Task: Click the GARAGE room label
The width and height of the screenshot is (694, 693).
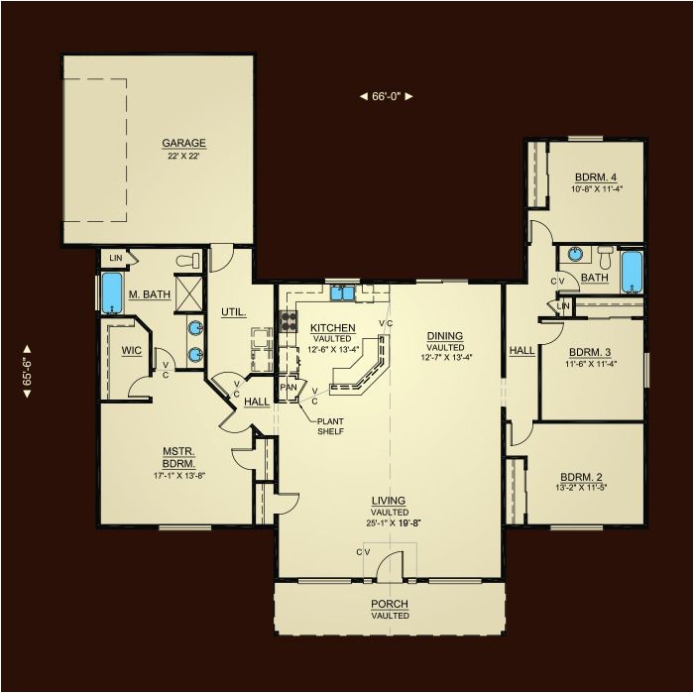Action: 183,143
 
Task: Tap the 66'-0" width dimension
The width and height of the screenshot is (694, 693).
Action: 386,96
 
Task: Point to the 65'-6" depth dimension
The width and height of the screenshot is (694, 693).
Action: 27,371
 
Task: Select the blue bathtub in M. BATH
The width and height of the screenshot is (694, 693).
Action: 111,292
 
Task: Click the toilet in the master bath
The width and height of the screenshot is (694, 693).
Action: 187,260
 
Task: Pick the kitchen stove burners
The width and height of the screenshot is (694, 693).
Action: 289,321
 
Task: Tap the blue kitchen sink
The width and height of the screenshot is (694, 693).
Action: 343,293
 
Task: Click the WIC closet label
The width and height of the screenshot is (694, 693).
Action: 132,351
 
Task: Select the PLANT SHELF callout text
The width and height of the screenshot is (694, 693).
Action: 330,426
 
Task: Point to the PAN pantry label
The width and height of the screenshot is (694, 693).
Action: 289,388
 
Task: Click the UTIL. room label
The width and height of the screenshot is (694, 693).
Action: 234,312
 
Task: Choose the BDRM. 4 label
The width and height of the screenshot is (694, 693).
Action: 596,177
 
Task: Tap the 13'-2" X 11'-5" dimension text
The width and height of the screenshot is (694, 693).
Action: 581,488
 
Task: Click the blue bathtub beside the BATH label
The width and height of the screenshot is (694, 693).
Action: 632,273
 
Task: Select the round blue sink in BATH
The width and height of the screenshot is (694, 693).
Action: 575,254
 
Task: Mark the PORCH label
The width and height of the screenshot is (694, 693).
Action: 390,604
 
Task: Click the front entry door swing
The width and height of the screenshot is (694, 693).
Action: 390,565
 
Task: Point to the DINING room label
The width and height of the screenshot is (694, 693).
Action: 445,336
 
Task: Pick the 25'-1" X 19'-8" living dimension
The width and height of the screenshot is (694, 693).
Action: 393,522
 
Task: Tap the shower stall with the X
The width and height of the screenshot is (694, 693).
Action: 189,294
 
